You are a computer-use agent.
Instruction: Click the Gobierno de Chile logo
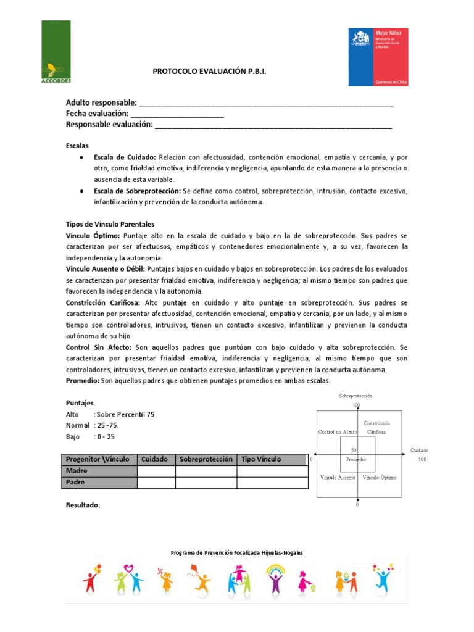click(x=378, y=56)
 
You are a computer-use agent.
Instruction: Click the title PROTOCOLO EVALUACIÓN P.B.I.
click(x=210, y=72)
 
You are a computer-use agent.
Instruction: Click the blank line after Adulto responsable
click(x=266, y=104)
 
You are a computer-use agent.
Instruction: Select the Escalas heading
click(x=77, y=146)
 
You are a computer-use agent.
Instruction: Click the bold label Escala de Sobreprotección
click(x=137, y=191)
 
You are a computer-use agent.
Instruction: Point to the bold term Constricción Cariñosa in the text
click(x=103, y=303)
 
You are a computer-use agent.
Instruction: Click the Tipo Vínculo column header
click(x=261, y=459)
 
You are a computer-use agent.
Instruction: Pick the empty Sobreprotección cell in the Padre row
click(x=206, y=483)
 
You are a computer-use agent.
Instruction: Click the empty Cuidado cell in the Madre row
click(x=156, y=471)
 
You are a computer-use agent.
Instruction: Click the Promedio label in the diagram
click(x=356, y=460)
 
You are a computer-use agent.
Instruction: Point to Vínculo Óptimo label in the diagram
click(x=380, y=478)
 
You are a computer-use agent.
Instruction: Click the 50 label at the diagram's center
click(x=354, y=451)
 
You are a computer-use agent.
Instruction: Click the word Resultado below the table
click(x=83, y=505)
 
